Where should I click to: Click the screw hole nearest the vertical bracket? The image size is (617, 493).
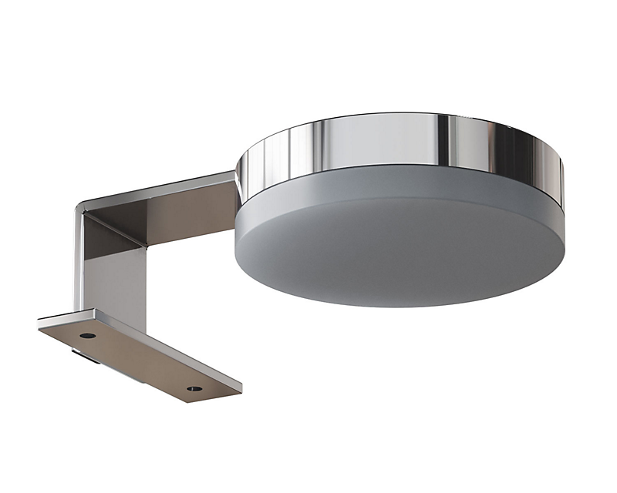pos(87,336)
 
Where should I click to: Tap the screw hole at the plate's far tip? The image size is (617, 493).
pos(194,388)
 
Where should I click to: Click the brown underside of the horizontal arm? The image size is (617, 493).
pos(185,212)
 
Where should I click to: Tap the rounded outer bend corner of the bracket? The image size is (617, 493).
pos(80,211)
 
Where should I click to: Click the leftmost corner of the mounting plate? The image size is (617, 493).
pos(39,324)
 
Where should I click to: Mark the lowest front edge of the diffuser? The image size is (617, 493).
pos(401,306)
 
